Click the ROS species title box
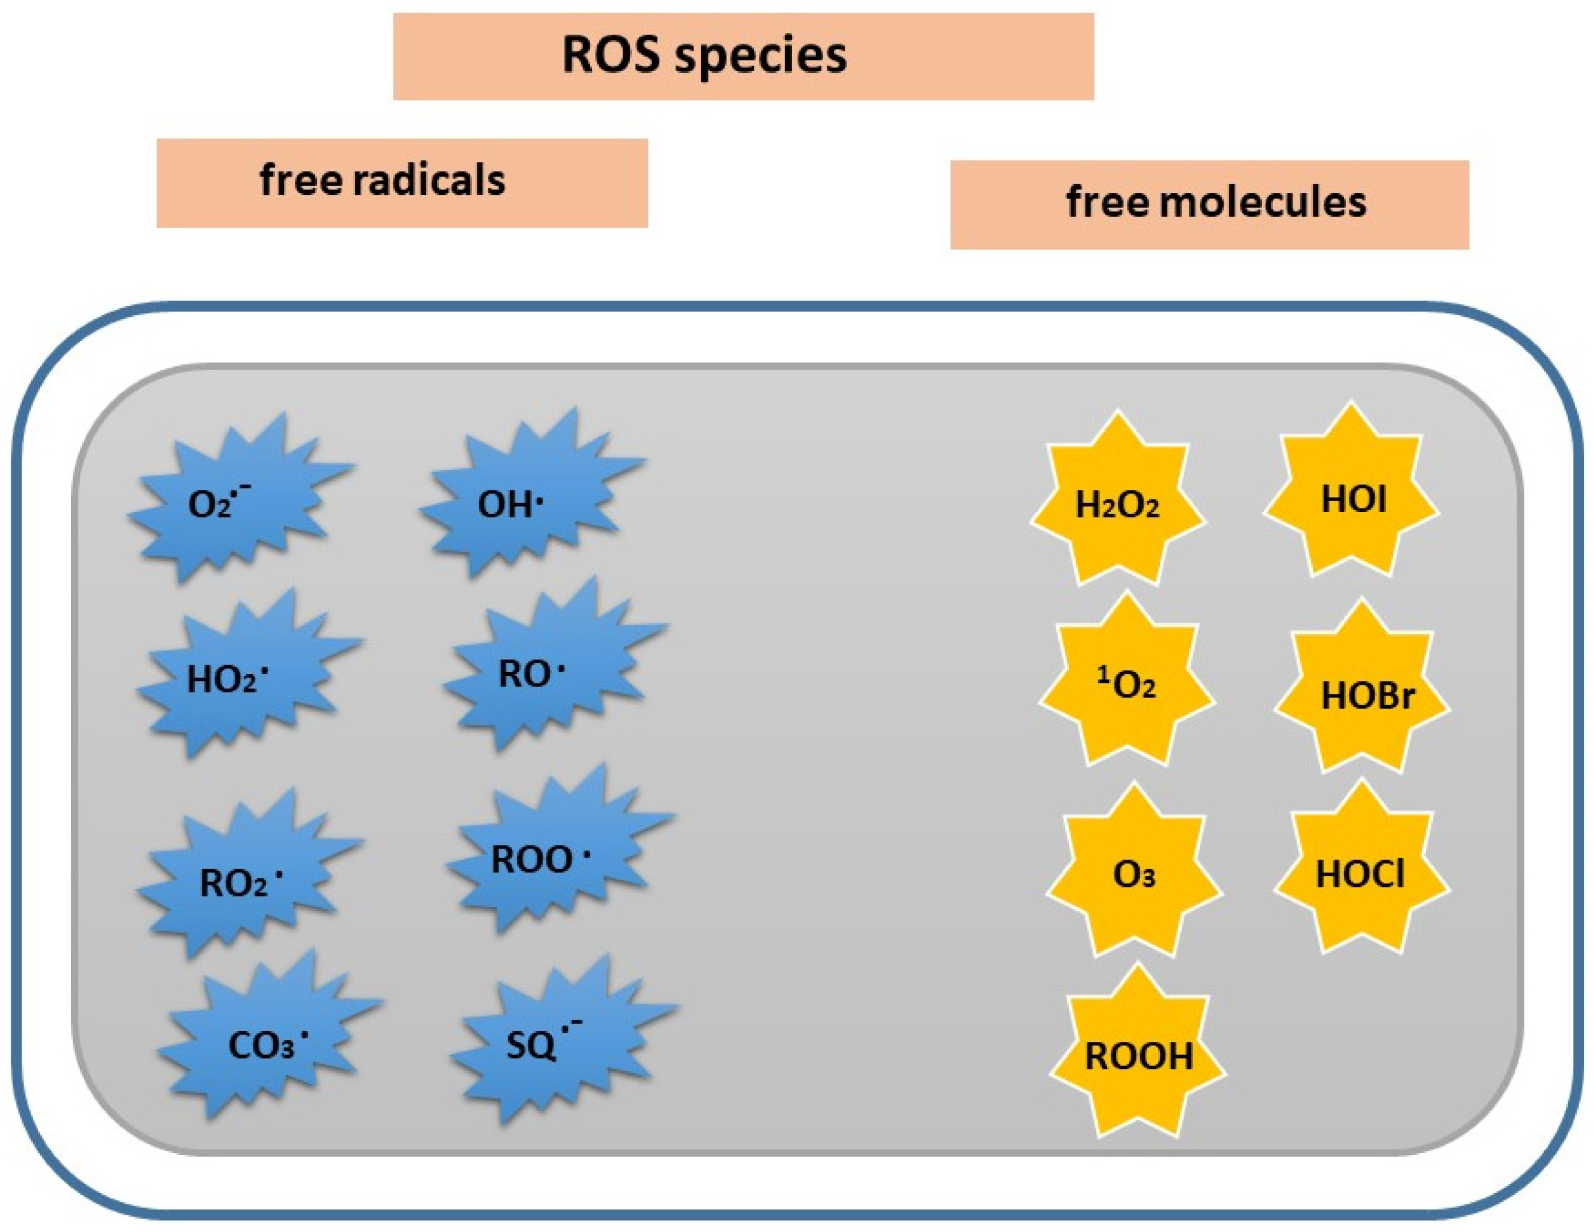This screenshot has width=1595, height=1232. click(x=744, y=56)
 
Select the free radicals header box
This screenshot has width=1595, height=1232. click(x=402, y=182)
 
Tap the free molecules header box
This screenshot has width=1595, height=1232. click(x=1209, y=205)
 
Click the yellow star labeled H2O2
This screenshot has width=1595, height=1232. click(x=1117, y=504)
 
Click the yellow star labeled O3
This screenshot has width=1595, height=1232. click(x=1133, y=873)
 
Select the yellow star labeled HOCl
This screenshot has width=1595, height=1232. click(x=1360, y=873)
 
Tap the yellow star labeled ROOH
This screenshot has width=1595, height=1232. click(x=1138, y=1056)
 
